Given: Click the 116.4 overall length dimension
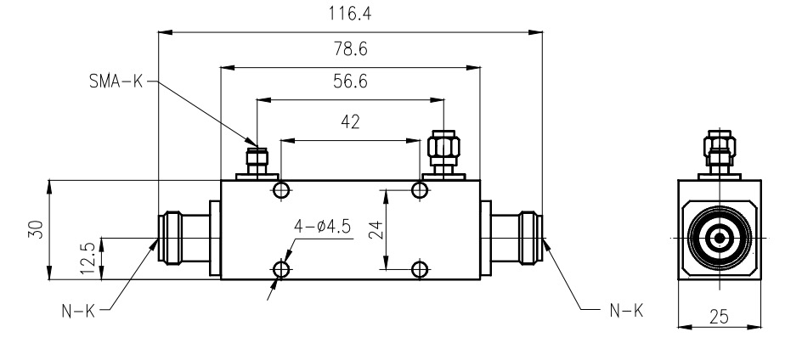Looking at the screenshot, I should pos(349,14).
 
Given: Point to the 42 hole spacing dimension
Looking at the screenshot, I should pos(349,121).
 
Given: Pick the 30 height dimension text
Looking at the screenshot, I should pos(35,229).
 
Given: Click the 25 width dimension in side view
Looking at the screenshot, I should pos(719,318).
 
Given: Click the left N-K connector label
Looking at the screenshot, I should pos(77,311).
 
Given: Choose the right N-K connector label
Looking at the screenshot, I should pos(625,311).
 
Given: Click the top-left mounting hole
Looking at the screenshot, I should pos(282,188).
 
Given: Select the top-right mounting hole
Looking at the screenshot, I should pos(419,188).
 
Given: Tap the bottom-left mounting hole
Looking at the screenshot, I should pos(282,270).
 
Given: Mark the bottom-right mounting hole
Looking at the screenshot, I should pos(419,270).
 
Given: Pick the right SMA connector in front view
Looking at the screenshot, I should pos(443,153).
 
